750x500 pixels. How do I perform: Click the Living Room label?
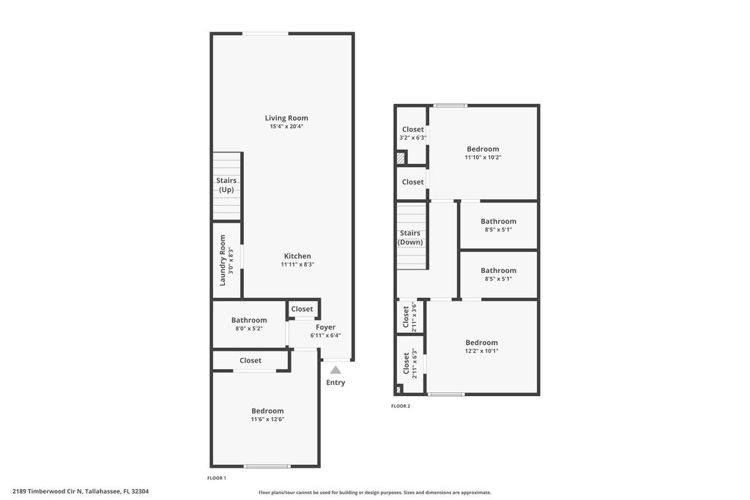pyautogui.click(x=286, y=118)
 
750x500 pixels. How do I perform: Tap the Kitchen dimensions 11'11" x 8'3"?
pyautogui.click(x=297, y=265)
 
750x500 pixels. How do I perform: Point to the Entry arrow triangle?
pyautogui.click(x=335, y=370)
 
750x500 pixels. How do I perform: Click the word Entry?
pyautogui.click(x=335, y=383)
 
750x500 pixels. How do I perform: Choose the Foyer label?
pyautogui.click(x=326, y=327)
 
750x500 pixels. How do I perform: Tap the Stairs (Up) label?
pyautogui.click(x=226, y=185)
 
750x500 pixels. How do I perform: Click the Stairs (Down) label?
pyautogui.click(x=410, y=238)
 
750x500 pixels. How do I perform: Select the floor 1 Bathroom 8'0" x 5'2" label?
pyautogui.click(x=249, y=320)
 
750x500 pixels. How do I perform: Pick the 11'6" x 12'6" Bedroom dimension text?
pyautogui.click(x=267, y=419)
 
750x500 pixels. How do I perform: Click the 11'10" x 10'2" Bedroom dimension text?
pyautogui.click(x=483, y=157)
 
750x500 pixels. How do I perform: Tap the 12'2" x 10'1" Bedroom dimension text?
pyautogui.click(x=482, y=351)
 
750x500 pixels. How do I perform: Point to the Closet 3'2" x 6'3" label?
pyautogui.click(x=413, y=130)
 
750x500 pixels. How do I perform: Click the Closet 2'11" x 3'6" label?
pyautogui.click(x=406, y=318)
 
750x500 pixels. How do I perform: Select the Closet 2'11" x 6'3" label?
pyautogui.click(x=406, y=364)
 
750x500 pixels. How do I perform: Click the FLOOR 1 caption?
pyautogui.click(x=217, y=478)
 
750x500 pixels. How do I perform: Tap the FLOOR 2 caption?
pyautogui.click(x=401, y=406)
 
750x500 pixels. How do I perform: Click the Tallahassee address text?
pyautogui.click(x=86, y=491)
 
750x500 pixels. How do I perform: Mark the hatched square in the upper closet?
pyautogui.click(x=401, y=157)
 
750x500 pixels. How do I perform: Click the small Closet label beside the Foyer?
pyautogui.click(x=302, y=309)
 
